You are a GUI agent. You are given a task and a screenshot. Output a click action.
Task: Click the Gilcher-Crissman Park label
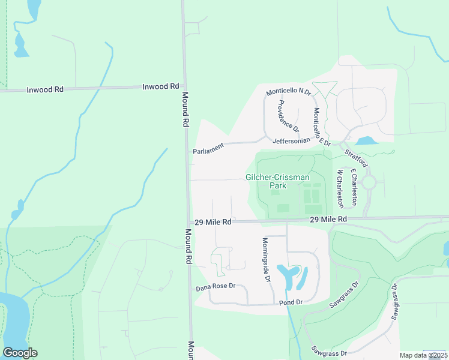click(277, 181)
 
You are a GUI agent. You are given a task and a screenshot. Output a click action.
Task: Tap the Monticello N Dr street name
click(289, 92)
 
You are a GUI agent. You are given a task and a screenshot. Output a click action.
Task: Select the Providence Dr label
click(288, 115)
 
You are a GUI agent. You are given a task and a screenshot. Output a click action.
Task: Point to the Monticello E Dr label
click(322, 127)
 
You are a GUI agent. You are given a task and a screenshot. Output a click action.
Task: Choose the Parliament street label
click(208, 149)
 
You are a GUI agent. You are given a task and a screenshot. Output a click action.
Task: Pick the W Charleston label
click(339, 188)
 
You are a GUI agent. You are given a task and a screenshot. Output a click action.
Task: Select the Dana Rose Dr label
click(215, 288)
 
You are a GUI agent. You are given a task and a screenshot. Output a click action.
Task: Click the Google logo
click(20, 353)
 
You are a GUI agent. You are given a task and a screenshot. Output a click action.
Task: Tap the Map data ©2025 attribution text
click(423, 355)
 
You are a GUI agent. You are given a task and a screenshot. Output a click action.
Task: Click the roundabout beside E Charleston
click(369, 182)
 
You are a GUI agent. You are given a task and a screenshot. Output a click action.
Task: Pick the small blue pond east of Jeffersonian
click(364, 142)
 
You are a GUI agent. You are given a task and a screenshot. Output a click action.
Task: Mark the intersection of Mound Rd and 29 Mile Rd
click(188, 222)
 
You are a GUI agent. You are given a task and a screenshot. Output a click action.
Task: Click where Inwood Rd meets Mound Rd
click(184, 87)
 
